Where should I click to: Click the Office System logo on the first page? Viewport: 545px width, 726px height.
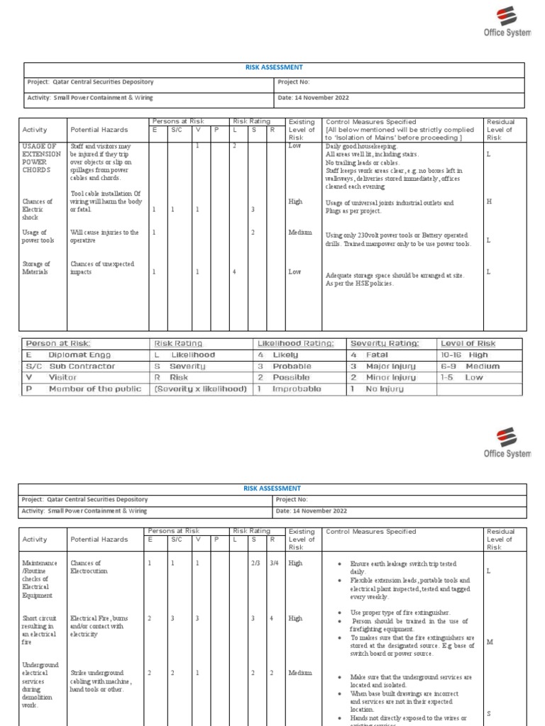point(507,23)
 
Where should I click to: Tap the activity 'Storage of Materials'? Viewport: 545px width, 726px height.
point(36,268)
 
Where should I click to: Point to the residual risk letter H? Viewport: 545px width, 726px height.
point(488,202)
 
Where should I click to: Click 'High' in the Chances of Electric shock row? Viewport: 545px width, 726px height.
point(295,202)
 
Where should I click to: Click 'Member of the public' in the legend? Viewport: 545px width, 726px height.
point(92,389)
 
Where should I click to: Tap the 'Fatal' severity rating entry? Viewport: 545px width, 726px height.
point(377,354)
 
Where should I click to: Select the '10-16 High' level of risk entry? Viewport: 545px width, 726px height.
point(464,354)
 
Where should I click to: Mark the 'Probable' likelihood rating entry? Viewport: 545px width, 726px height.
point(292,367)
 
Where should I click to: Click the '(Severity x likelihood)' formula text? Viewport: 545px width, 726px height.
point(200,389)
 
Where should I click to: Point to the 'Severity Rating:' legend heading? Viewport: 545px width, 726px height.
point(385,343)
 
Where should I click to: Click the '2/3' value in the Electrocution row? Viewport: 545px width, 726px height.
point(255,563)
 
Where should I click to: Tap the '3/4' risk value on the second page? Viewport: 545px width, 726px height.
point(274,563)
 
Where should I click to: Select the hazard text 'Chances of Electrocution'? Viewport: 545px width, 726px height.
point(86,567)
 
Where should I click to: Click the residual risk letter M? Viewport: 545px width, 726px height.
point(489,642)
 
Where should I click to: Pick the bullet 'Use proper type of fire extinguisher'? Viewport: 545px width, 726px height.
point(400,612)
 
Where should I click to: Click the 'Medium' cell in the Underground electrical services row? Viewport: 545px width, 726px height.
point(300,673)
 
